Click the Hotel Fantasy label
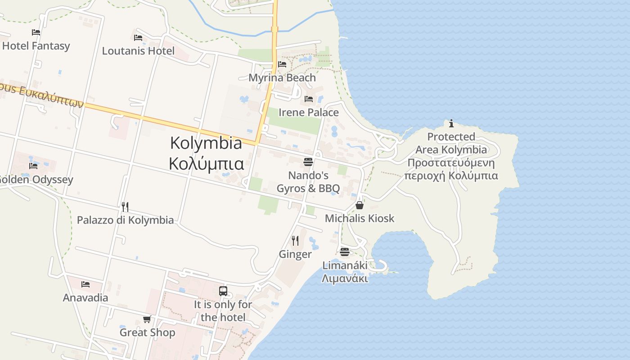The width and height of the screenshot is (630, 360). (36, 46)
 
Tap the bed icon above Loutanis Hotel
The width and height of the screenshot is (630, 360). (138, 37)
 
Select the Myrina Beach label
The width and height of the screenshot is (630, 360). (282, 78)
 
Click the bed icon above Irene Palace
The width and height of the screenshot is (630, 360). (309, 99)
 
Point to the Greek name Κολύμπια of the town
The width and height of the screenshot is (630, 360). (207, 164)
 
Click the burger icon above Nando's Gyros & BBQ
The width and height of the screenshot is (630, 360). (308, 161)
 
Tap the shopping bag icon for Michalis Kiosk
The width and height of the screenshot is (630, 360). (360, 205)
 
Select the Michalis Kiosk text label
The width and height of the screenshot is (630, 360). (360, 219)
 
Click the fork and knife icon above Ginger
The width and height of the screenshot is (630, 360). (295, 240)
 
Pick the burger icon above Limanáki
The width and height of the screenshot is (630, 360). (345, 252)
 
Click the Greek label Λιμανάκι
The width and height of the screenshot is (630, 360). (345, 279)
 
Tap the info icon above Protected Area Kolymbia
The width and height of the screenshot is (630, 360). (451, 123)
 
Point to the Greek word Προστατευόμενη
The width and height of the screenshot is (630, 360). (451, 163)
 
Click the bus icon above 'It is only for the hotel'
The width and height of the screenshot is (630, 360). (223, 291)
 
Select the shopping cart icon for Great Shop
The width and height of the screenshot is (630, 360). (147, 319)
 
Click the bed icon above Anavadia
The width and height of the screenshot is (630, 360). (85, 284)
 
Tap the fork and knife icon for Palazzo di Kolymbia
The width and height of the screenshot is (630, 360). (125, 207)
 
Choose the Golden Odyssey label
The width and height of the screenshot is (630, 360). (36, 180)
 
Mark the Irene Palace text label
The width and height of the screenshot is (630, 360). (309, 112)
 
